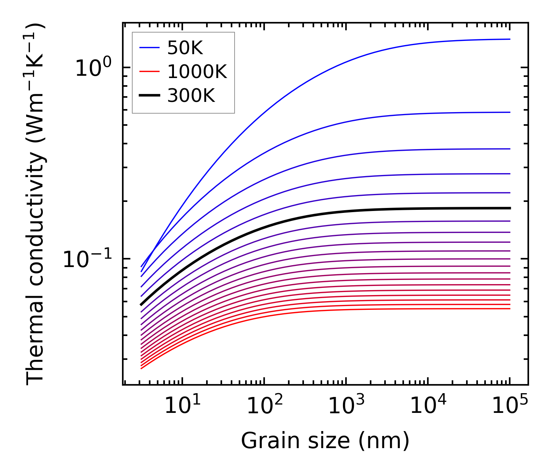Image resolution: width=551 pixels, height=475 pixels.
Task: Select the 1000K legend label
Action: (197, 72)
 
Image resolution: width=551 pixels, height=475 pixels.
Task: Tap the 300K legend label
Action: (191, 96)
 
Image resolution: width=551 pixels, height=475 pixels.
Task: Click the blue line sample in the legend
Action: (150, 48)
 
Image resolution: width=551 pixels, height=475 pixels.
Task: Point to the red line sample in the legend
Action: (150, 72)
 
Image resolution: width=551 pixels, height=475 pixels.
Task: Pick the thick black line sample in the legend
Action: (150, 96)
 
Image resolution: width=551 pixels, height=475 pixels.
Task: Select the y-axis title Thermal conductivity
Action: (36, 204)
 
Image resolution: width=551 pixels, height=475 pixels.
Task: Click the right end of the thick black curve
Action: (510, 208)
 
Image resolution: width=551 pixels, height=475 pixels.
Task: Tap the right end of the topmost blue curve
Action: (510, 39)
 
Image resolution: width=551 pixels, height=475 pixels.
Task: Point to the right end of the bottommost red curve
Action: (510, 309)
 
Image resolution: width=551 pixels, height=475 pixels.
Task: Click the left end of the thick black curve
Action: (141, 305)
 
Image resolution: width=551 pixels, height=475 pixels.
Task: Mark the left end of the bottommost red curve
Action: (141, 369)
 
